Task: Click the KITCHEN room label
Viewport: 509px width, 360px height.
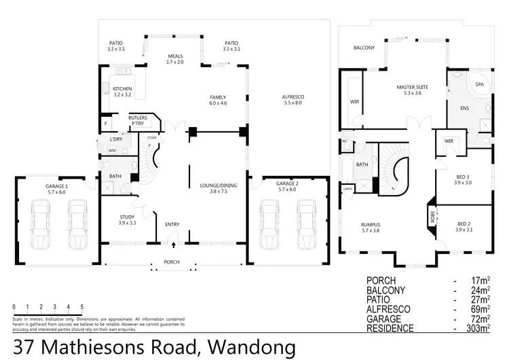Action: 123,89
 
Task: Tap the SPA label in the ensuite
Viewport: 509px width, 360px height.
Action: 479,84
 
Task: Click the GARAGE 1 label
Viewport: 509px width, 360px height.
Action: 57,185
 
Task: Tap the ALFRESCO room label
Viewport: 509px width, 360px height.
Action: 293,97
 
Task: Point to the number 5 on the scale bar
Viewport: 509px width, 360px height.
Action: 82,306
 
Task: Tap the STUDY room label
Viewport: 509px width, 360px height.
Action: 128,217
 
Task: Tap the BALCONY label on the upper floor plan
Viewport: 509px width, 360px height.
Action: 364,49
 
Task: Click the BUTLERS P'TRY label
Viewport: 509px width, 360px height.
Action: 138,121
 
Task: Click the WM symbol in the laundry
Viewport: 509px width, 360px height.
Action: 112,149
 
